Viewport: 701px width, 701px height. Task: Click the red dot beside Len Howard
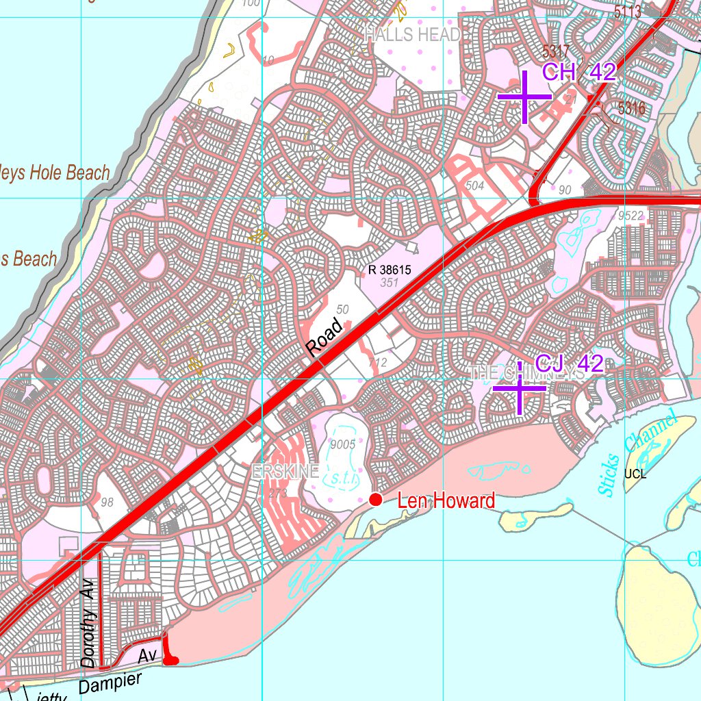pyautogui.click(x=375, y=500)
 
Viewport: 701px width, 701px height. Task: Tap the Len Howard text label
pyautogui.click(x=446, y=501)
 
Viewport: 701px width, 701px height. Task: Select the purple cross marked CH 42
pyautogui.click(x=524, y=97)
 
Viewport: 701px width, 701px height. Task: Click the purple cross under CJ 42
pyautogui.click(x=520, y=388)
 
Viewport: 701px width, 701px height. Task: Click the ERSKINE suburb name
pyautogui.click(x=285, y=471)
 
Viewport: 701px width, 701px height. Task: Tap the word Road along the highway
pyautogui.click(x=324, y=337)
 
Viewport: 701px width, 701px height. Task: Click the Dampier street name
pyautogui.click(x=110, y=683)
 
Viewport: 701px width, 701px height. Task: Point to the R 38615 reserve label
pyautogui.click(x=390, y=270)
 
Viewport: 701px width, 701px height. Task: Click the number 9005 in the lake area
pyautogui.click(x=342, y=444)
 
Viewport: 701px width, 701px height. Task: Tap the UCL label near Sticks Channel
pyautogui.click(x=635, y=473)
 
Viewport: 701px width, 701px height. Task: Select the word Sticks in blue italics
pyautogui.click(x=607, y=475)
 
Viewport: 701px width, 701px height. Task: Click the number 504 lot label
pyautogui.click(x=474, y=186)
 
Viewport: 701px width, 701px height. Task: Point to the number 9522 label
pyautogui.click(x=630, y=216)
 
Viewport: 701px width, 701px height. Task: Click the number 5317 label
pyautogui.click(x=555, y=51)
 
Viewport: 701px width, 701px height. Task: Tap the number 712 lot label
pyautogui.click(x=377, y=362)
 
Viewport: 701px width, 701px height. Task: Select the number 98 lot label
pyautogui.click(x=107, y=502)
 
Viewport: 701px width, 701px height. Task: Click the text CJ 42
pyautogui.click(x=569, y=364)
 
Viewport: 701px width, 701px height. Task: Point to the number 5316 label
pyautogui.click(x=630, y=108)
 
